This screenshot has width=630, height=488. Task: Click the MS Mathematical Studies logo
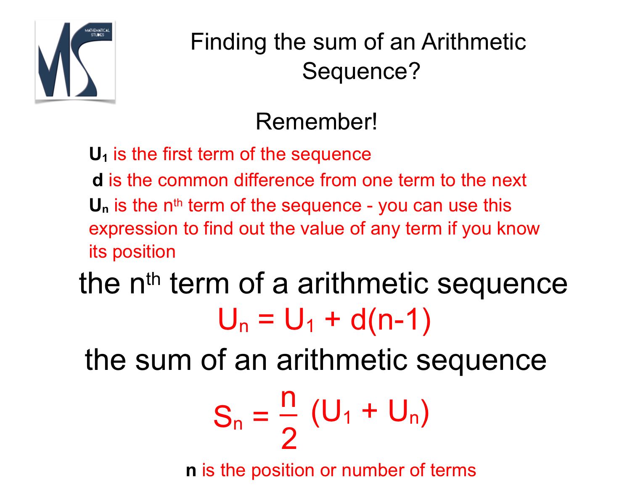pyautogui.click(x=75, y=61)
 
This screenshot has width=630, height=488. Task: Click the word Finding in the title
pyautogui.click(x=228, y=42)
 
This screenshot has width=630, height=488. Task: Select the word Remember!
pyautogui.click(x=316, y=121)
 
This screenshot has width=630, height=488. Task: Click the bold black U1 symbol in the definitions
pyautogui.click(x=98, y=154)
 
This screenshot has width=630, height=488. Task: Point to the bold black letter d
pyautogui.click(x=98, y=180)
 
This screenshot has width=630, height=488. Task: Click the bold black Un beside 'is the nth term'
pyautogui.click(x=99, y=206)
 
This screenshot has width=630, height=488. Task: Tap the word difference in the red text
pyautogui.click(x=274, y=180)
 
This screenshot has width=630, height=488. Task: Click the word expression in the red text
pyautogui.click(x=133, y=229)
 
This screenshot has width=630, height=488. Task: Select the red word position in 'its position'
pyautogui.click(x=144, y=252)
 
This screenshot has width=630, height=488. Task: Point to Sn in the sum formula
pyautogui.click(x=228, y=417)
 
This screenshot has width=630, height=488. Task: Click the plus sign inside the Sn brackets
pyautogui.click(x=369, y=411)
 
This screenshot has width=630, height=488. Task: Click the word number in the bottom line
pyautogui.click(x=373, y=470)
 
